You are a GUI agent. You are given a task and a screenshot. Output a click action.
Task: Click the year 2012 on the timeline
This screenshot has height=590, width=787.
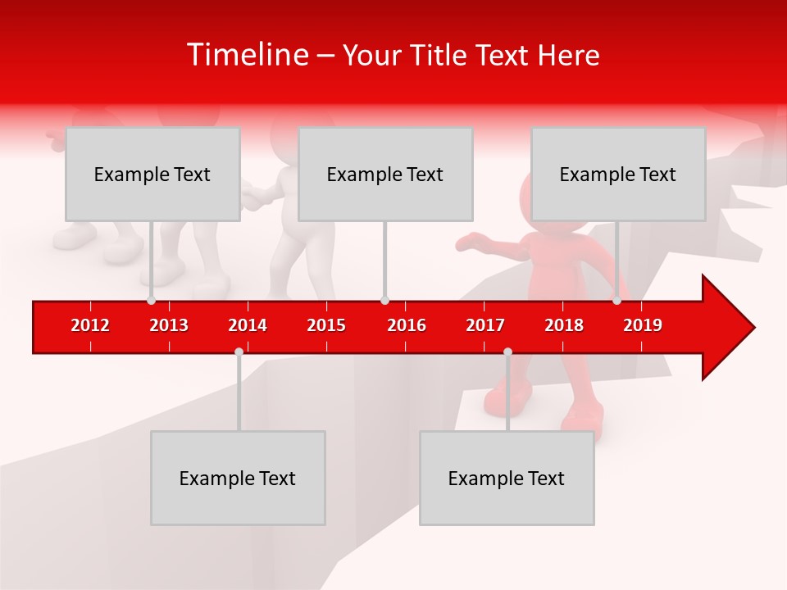[x=90, y=325]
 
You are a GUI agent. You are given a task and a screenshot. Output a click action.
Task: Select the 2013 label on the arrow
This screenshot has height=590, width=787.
[x=169, y=325]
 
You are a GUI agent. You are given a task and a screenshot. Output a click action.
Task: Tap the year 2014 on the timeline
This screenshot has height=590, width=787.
[x=248, y=325]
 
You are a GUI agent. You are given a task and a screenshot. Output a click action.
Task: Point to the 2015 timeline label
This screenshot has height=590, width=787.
[x=326, y=325]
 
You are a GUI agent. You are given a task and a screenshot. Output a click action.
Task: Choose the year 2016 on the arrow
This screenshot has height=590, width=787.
[x=407, y=325]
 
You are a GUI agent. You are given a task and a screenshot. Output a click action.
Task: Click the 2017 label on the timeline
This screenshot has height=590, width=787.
[x=485, y=325]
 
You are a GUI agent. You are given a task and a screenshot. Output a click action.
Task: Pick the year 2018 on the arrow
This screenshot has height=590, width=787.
[x=564, y=325]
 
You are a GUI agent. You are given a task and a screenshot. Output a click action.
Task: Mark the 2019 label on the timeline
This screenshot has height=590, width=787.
[x=643, y=325]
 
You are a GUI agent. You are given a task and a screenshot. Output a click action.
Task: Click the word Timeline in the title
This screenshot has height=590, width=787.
[x=247, y=55]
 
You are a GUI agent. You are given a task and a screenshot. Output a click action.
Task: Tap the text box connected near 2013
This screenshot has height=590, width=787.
[x=152, y=174]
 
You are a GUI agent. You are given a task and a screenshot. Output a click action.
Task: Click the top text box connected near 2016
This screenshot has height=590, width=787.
[x=385, y=174]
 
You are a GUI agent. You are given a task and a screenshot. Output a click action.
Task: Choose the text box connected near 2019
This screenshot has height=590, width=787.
[x=618, y=174]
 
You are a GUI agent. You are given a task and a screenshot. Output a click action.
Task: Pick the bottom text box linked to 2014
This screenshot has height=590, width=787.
[x=238, y=478]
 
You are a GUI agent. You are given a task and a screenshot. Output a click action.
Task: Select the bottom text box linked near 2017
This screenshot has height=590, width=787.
[x=507, y=478]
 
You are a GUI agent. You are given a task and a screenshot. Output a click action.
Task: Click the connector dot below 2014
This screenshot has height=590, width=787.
[x=239, y=352]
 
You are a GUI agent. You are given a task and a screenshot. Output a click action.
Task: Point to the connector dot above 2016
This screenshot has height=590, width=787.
[x=384, y=301]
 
